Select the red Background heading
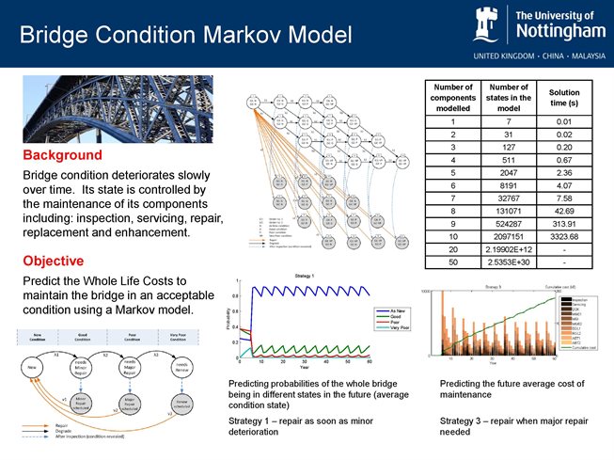pos(62,154)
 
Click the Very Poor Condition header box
pos(179,337)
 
